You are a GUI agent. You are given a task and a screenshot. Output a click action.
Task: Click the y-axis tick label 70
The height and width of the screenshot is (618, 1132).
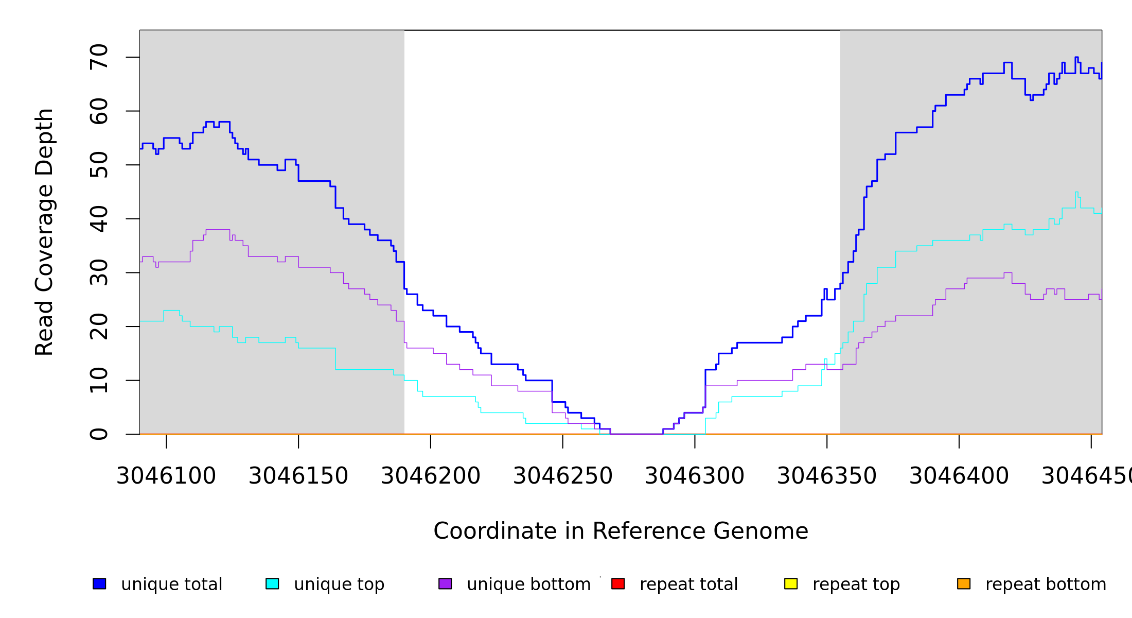(99, 57)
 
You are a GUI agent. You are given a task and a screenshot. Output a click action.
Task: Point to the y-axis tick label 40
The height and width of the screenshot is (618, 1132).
(99, 219)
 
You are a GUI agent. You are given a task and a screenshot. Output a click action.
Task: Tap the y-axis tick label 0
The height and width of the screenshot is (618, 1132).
(99, 434)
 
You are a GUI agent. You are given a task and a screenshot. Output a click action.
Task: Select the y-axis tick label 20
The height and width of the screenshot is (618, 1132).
(99, 327)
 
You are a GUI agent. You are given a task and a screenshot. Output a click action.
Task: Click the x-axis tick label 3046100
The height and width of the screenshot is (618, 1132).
(166, 476)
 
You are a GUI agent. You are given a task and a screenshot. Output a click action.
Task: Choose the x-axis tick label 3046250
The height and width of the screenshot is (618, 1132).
(563, 476)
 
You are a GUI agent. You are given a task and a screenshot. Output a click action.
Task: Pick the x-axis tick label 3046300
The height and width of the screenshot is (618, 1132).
(695, 476)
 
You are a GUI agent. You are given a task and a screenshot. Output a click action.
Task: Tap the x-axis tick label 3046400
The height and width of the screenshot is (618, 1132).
(959, 476)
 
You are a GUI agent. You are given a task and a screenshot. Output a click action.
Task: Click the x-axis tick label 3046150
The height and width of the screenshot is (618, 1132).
(298, 476)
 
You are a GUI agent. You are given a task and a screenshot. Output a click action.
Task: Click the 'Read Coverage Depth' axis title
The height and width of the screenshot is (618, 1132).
(44, 232)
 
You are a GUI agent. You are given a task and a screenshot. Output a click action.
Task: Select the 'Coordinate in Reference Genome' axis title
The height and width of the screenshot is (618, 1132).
(621, 531)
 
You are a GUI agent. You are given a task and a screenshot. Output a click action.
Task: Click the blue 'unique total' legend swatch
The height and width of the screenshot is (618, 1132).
(99, 583)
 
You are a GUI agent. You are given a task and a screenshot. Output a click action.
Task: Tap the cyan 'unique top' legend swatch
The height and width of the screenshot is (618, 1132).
(272, 583)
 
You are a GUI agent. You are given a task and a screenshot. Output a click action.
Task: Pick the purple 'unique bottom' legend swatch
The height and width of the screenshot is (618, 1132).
(445, 583)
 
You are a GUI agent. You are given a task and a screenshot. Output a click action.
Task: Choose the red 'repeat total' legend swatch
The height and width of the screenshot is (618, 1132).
(618, 583)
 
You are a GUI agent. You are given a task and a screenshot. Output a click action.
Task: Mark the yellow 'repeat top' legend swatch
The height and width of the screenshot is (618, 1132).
(791, 583)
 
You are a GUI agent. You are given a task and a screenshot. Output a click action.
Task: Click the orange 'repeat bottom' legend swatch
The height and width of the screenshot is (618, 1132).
(964, 583)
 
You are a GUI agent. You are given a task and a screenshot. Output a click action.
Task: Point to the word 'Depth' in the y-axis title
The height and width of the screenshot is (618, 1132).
(44, 134)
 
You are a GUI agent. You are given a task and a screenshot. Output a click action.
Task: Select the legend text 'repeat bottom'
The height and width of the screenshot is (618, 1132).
(1046, 585)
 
